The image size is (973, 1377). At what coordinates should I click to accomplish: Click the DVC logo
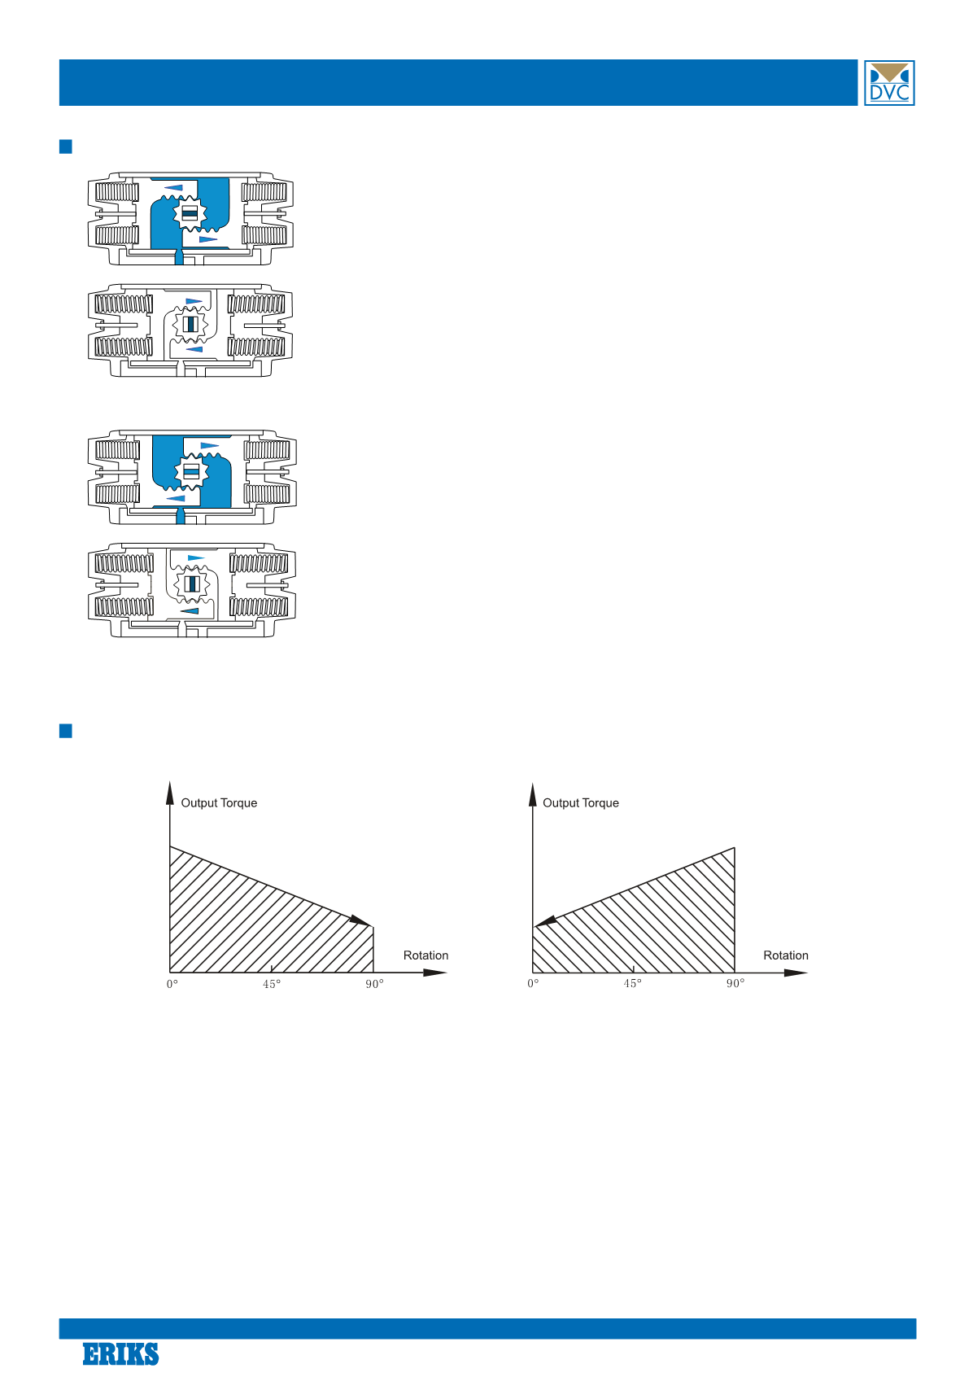point(888,83)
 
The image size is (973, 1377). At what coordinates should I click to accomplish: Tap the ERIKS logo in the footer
point(120,1353)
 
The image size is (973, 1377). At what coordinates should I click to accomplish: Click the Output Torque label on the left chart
point(219,802)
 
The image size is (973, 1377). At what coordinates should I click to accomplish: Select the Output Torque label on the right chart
point(580,802)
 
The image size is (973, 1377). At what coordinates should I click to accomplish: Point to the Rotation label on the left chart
point(425,955)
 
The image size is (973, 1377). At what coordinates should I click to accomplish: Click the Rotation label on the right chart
point(786,955)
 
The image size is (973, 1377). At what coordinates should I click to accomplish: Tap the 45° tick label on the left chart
point(272,984)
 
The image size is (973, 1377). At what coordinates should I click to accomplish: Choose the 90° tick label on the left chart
point(374,984)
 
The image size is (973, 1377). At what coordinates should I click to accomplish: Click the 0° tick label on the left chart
point(172,984)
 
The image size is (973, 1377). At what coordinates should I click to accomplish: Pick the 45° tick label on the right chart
point(632,984)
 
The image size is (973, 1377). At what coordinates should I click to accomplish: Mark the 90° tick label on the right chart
point(735,984)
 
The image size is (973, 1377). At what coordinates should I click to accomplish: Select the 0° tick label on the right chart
point(533,984)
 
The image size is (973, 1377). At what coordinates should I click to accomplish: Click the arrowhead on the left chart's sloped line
point(360,920)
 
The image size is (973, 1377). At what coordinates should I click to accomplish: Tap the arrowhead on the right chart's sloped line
point(546,921)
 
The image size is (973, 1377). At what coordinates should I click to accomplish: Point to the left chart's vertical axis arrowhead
point(170,793)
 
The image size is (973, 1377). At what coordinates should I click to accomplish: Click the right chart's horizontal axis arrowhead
point(796,973)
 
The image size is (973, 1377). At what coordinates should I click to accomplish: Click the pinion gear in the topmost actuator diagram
point(190,213)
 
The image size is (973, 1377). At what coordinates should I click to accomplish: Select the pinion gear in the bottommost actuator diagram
point(192,584)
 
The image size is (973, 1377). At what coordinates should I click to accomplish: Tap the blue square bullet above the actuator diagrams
point(66,146)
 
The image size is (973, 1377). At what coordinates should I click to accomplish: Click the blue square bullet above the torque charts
point(66,731)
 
